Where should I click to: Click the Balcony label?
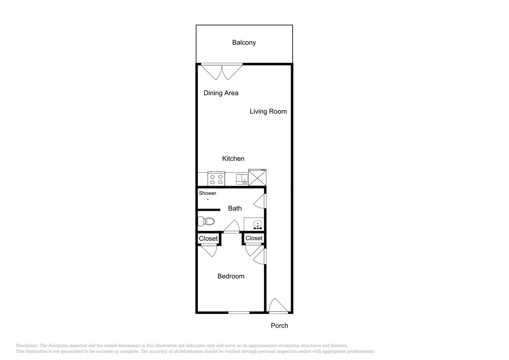(244, 42)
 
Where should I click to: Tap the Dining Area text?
(221, 93)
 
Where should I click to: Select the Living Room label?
(268, 111)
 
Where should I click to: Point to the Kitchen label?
(233, 158)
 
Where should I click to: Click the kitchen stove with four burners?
(216, 179)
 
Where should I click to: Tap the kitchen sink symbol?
(242, 179)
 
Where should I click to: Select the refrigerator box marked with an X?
(257, 178)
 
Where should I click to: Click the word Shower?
(208, 193)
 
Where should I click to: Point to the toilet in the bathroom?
(206, 221)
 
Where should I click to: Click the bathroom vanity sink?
(254, 224)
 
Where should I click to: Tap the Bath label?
(235, 208)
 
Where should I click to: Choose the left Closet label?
(208, 238)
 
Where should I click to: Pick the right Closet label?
(254, 238)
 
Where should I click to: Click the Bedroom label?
(231, 276)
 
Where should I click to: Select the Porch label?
(279, 326)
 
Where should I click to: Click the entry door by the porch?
(278, 306)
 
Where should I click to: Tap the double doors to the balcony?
(222, 71)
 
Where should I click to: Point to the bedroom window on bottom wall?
(239, 312)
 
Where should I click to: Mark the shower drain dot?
(208, 199)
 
